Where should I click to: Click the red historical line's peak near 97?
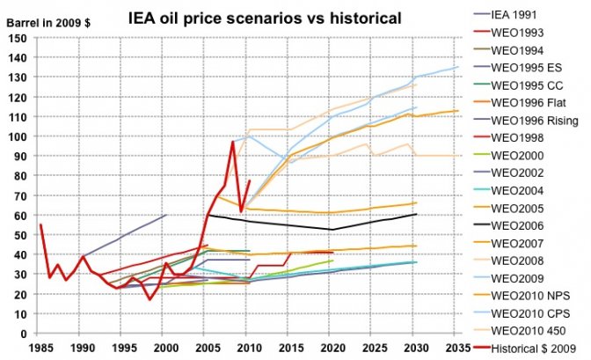[233, 142]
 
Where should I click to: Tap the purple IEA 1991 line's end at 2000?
[166, 215]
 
